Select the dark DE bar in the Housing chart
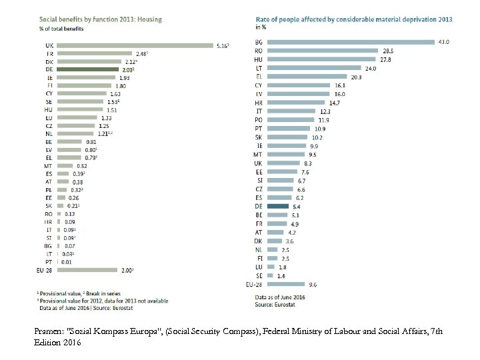[x=87, y=69]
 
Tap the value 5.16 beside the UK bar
[x=223, y=45]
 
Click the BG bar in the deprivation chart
[x=347, y=41]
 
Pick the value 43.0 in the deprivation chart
[x=442, y=41]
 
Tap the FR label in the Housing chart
[x=49, y=53]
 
